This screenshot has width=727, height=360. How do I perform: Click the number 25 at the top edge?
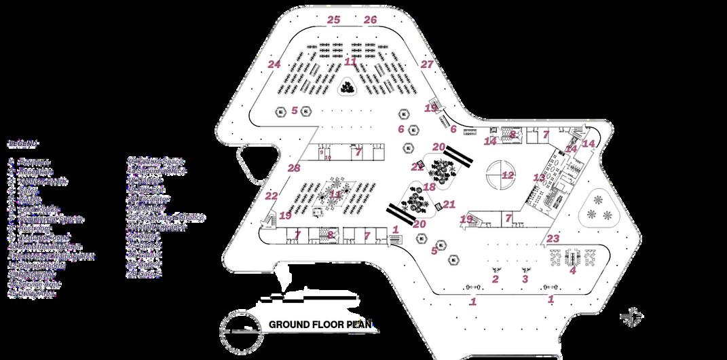(333, 20)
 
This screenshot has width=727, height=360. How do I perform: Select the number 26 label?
(370, 20)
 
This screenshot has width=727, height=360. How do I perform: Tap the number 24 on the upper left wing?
(274, 65)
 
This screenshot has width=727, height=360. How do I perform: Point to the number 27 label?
(426, 65)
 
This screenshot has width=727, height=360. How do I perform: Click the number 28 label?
(293, 168)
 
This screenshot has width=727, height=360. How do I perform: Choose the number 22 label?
(272, 196)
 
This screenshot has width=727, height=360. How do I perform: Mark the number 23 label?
(553, 238)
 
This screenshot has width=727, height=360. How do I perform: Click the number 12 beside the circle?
(508, 175)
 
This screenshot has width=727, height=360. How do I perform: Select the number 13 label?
(539, 178)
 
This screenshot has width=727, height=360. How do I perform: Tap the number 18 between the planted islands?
(429, 187)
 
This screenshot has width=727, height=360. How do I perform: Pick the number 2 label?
(496, 279)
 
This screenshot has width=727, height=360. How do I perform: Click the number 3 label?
(525, 279)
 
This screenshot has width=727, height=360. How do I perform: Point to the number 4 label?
(572, 271)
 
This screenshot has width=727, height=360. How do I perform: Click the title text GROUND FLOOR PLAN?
(322, 325)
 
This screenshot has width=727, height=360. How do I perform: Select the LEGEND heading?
(23, 144)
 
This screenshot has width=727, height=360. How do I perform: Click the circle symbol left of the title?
(238, 326)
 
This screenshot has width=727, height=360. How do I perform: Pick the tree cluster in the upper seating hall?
(349, 87)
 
